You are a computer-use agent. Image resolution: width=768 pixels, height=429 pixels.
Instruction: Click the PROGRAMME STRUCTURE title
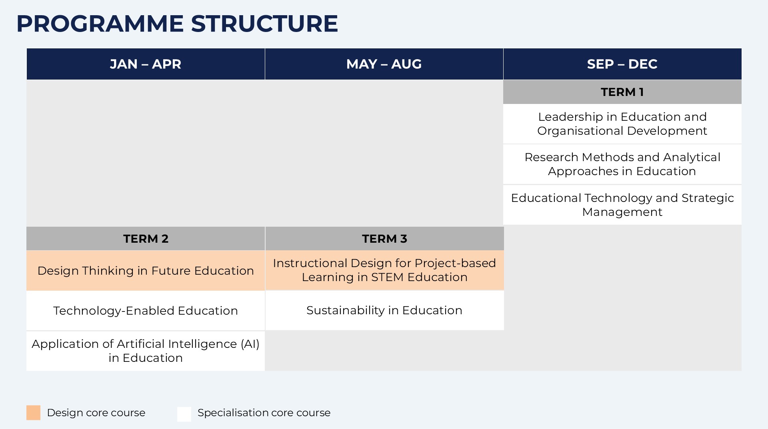click(x=177, y=24)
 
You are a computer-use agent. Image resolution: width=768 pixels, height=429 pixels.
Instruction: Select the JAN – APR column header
click(x=146, y=64)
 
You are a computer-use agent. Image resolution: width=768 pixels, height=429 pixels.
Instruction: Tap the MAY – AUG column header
click(x=384, y=64)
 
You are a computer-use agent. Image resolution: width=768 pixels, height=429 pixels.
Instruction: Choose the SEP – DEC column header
click(x=622, y=64)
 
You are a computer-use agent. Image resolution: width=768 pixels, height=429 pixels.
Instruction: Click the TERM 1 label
click(x=622, y=92)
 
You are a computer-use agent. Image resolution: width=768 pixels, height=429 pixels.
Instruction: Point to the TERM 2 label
click(x=146, y=239)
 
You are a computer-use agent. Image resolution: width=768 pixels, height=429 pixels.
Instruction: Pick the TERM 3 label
click(x=384, y=239)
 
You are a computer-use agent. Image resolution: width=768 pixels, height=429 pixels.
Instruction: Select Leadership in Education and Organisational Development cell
click(x=622, y=124)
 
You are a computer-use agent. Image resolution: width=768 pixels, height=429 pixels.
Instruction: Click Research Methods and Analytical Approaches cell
click(x=622, y=164)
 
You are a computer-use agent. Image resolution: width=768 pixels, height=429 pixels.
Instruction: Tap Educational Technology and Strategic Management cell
click(x=622, y=205)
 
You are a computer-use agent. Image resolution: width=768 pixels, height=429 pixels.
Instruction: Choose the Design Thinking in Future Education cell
click(x=146, y=271)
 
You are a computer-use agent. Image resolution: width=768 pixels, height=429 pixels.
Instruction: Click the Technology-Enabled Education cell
click(x=146, y=311)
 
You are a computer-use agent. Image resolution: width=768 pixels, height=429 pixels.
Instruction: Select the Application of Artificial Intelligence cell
click(x=146, y=351)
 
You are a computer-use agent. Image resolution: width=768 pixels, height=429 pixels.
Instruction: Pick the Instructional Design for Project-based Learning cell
click(x=384, y=270)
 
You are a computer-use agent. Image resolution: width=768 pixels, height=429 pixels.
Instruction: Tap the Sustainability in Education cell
click(x=384, y=310)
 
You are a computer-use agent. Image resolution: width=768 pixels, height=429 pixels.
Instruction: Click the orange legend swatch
click(x=34, y=413)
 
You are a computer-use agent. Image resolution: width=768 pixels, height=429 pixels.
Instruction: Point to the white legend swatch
click(x=184, y=414)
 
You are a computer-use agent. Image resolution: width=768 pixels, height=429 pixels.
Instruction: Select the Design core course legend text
click(x=96, y=413)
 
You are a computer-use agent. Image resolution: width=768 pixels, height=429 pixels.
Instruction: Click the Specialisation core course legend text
click(x=264, y=413)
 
